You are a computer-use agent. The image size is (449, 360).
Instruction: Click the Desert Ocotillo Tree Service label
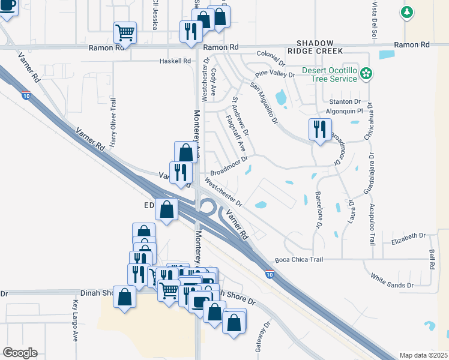pyautogui.click(x=330, y=75)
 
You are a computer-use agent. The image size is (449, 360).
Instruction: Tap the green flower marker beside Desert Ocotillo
pyautogui.click(x=366, y=74)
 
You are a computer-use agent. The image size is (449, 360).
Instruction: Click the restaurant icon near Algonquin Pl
pyautogui.click(x=319, y=129)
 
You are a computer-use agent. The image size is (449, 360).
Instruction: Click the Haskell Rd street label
pyautogui.click(x=175, y=61)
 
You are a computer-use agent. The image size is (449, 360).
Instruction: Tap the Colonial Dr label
pyautogui.click(x=270, y=59)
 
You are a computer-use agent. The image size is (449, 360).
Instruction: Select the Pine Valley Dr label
pyautogui.click(x=275, y=75)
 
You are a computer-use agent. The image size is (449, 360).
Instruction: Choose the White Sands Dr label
pyautogui.click(x=392, y=280)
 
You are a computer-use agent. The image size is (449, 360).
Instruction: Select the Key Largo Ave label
pyautogui.click(x=76, y=321)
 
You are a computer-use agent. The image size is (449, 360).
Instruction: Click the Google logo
pyautogui.click(x=20, y=353)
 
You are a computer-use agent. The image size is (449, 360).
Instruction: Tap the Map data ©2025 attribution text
pyautogui.click(x=423, y=355)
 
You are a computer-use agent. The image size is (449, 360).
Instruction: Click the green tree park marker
pyautogui.click(x=408, y=12)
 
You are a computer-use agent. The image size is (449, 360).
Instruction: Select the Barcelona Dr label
pyautogui.click(x=318, y=210)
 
